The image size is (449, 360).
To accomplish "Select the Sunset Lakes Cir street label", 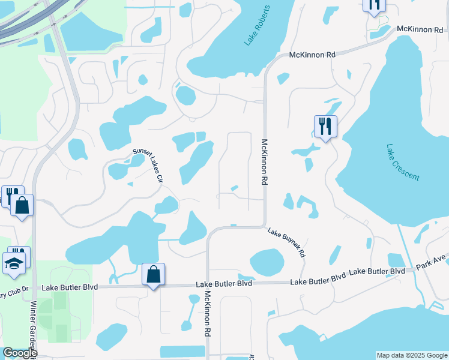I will point(148,166).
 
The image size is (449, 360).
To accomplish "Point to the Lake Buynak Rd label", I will point(287,242).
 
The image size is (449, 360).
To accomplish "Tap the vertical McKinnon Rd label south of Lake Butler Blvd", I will point(207,313).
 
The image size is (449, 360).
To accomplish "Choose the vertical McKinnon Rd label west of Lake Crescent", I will point(264,162).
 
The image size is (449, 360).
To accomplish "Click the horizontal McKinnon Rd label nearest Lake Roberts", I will point(312,55).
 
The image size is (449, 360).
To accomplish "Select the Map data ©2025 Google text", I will point(412,355).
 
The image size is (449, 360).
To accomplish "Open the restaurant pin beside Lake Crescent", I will point(325,127).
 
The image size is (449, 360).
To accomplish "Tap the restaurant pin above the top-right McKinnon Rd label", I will point(373,5).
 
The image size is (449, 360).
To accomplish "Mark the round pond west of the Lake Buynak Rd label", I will point(267,262).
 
